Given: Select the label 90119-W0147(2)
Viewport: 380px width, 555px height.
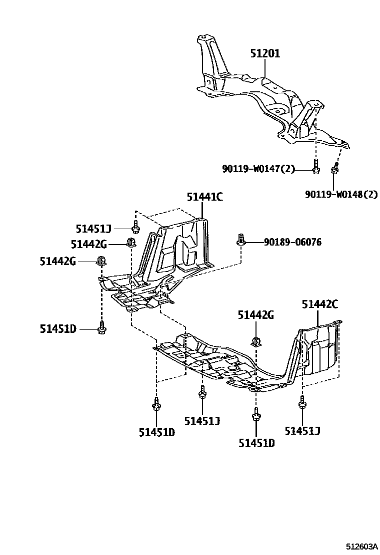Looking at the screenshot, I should (259, 169).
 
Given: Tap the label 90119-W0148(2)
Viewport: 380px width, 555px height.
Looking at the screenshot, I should (341, 194).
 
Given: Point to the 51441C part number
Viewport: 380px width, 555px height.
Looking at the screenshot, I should (204, 197).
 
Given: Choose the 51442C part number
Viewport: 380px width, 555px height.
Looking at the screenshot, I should (320, 304).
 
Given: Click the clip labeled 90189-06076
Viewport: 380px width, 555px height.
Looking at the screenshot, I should (241, 240).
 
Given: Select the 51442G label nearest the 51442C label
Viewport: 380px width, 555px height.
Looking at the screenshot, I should (256, 315).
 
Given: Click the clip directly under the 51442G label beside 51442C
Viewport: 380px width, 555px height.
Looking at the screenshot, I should (256, 341).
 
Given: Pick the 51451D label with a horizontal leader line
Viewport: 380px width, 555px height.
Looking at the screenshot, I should (58, 328).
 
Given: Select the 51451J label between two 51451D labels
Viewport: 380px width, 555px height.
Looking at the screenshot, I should (202, 421).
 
